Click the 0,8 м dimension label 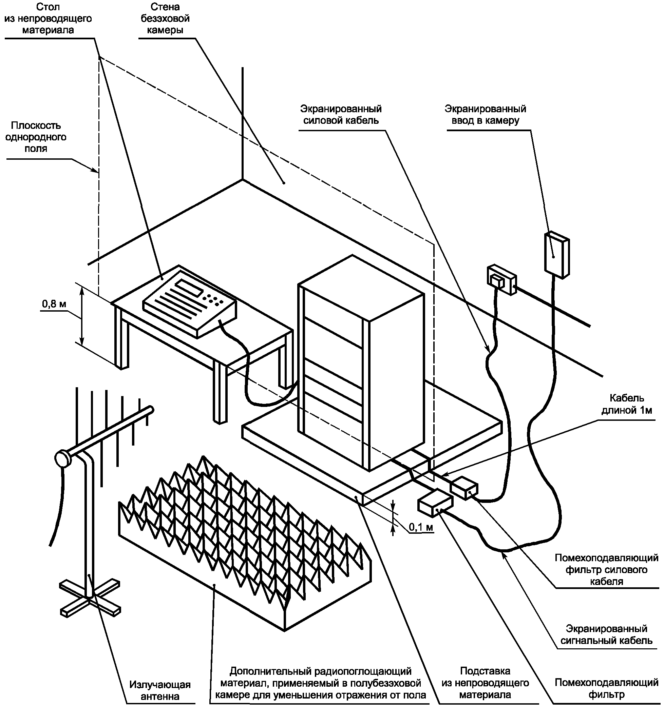(54, 304)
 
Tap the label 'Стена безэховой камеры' (165, 19)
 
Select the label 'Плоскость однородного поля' (36, 137)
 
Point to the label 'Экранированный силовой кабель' (341, 114)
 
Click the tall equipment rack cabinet (361, 363)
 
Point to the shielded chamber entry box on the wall (557, 255)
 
